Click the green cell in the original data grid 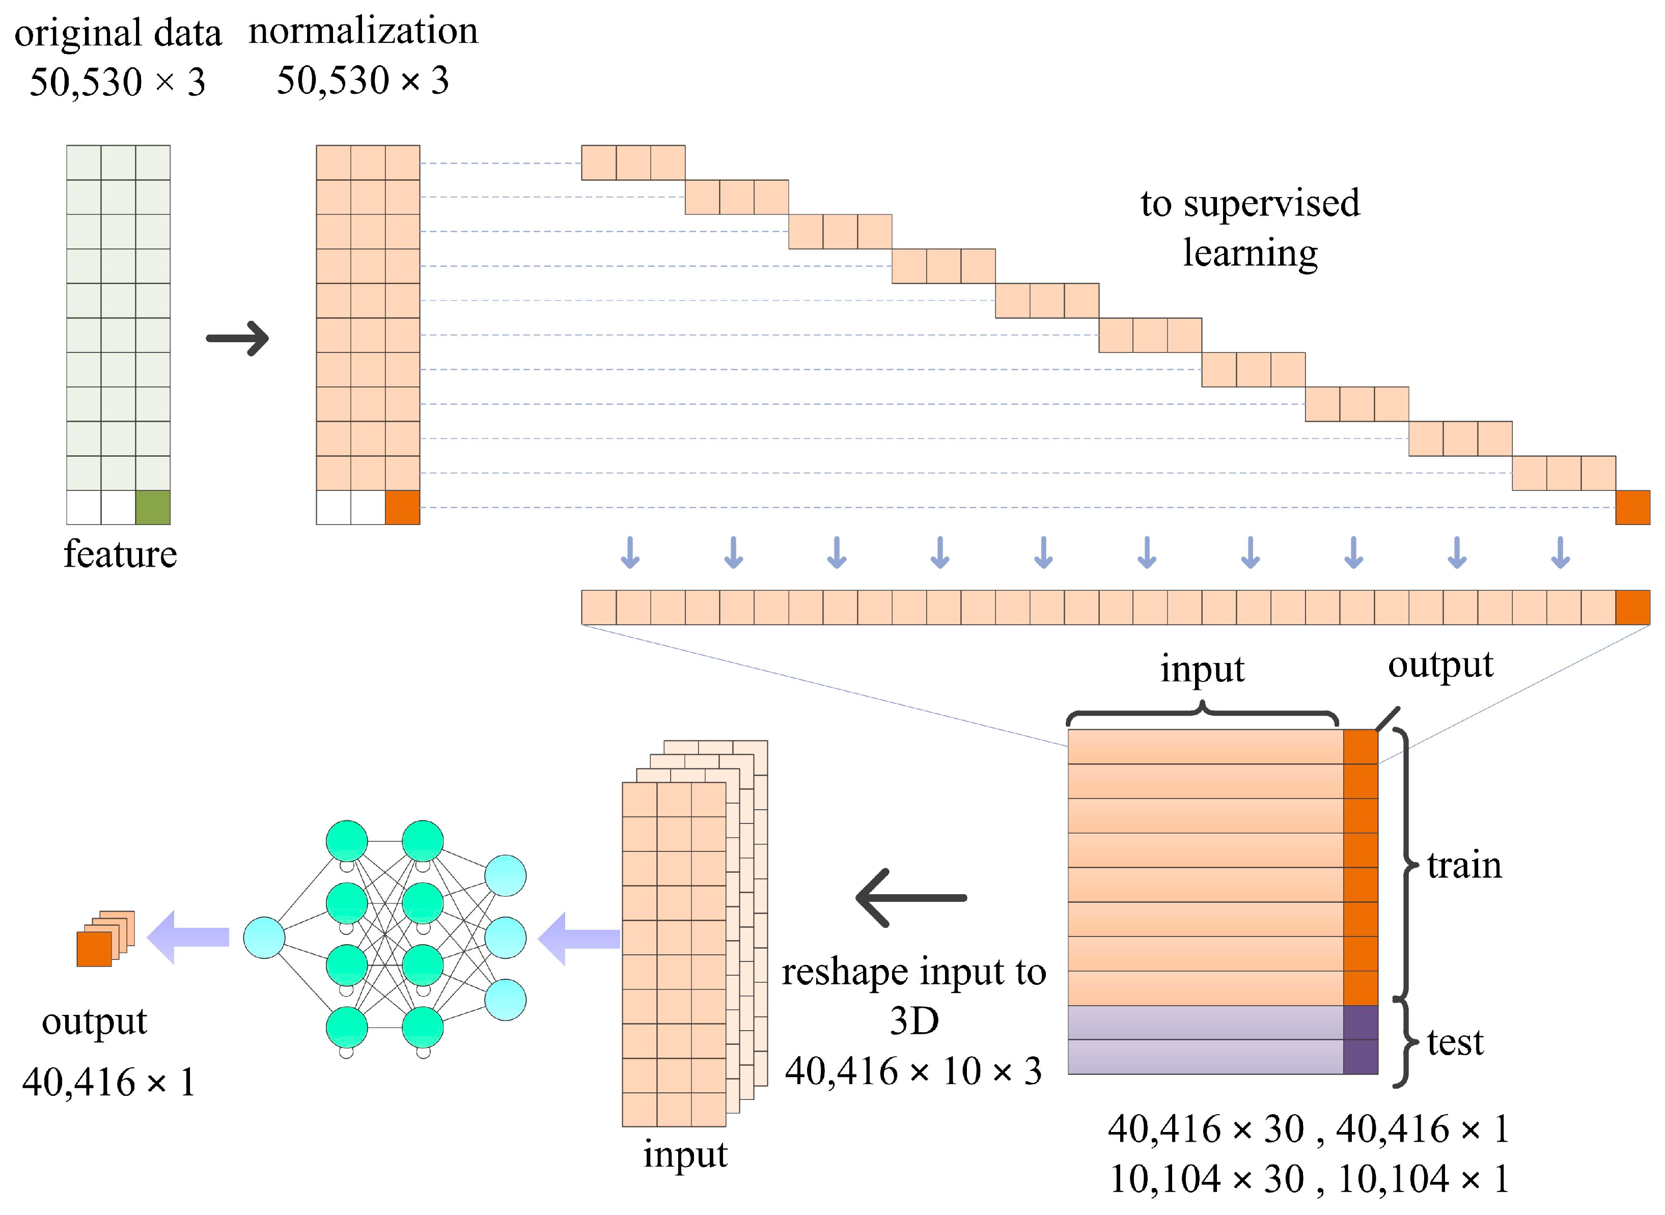coord(152,508)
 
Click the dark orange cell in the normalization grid coord(402,508)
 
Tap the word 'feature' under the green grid coord(120,554)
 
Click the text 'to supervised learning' coord(1250,228)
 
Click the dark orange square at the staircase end coord(1632,508)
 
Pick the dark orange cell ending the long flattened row coord(1632,607)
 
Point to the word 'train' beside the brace coord(1463,865)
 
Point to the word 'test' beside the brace coord(1455,1042)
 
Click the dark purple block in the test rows coord(1360,1039)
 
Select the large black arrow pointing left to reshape coord(911,898)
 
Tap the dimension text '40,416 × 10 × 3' coord(913,1071)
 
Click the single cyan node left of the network coord(264,937)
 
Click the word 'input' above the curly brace coord(1203,669)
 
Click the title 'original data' coord(118,34)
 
